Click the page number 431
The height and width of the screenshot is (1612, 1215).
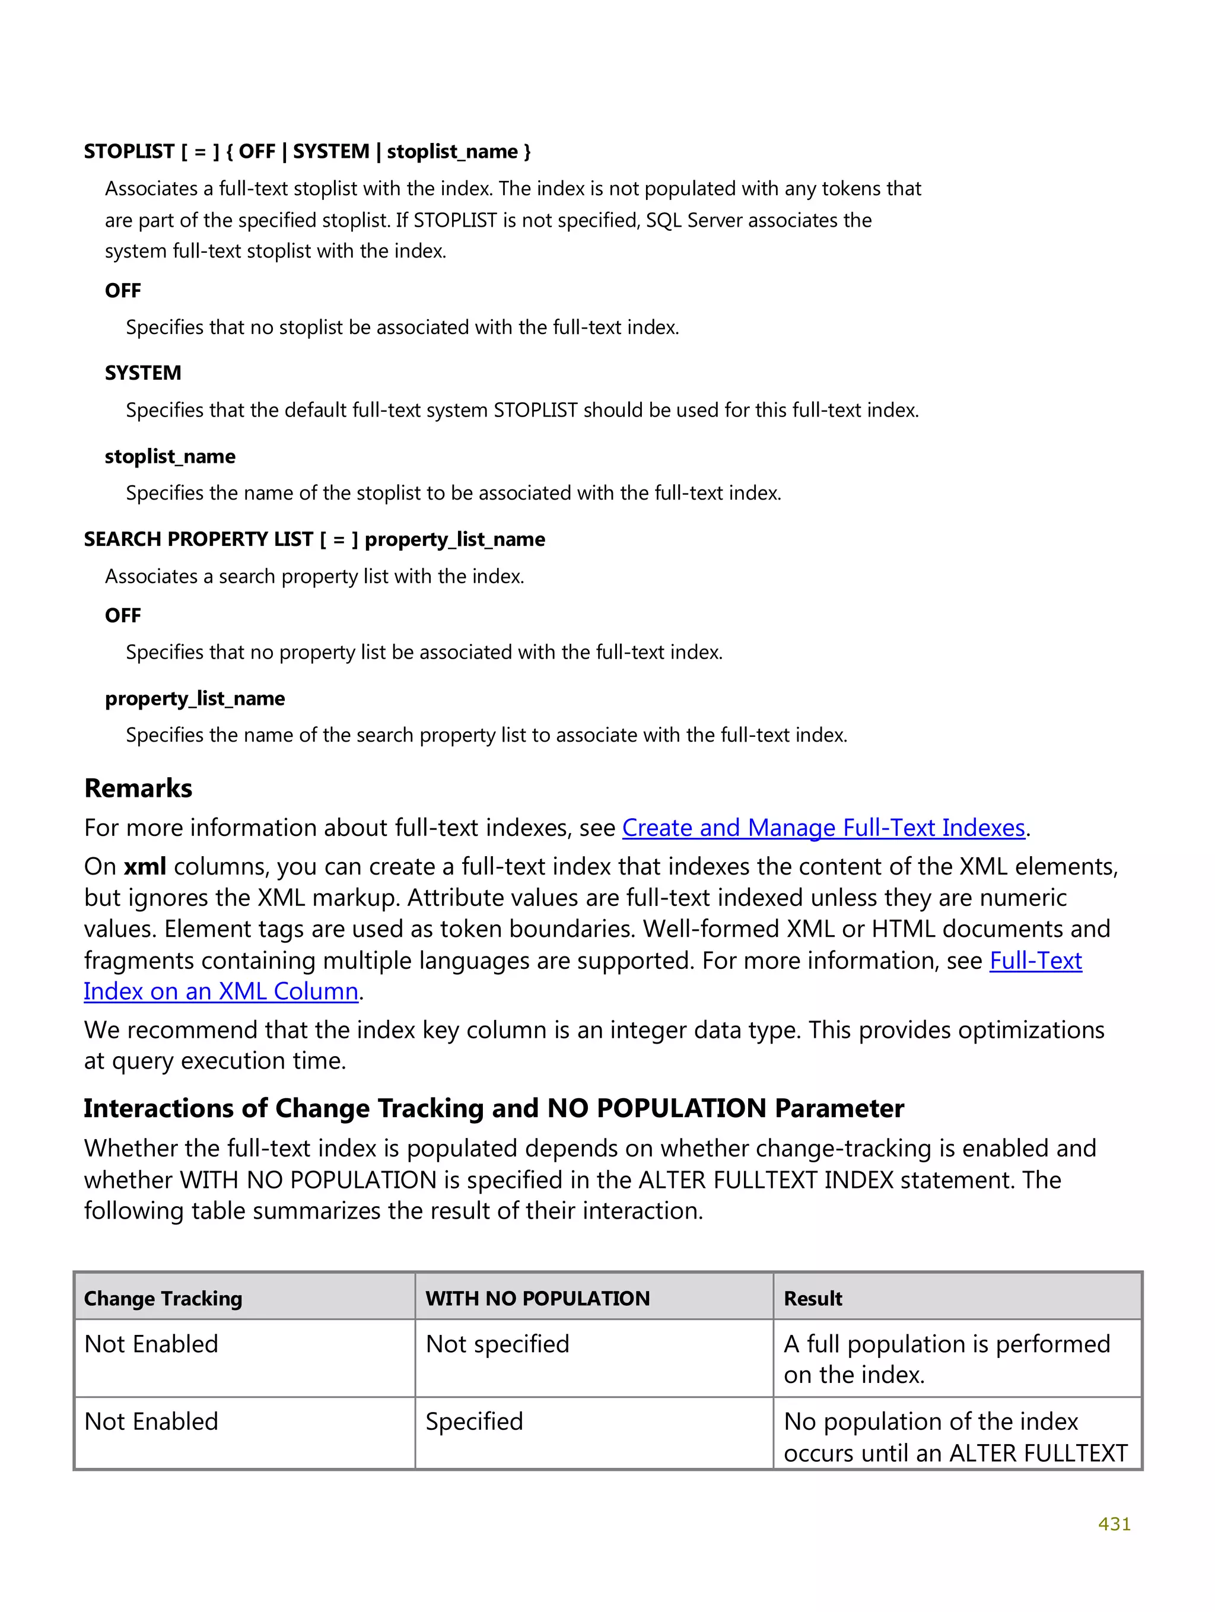(1114, 1524)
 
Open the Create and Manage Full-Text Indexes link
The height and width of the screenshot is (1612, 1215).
(823, 828)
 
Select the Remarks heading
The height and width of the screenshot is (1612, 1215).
(138, 788)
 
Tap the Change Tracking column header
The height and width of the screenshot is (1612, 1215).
(163, 1298)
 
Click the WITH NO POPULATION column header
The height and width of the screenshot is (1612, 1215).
(537, 1298)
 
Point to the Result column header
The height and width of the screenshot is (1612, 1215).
(813, 1298)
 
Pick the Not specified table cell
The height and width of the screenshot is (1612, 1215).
(497, 1344)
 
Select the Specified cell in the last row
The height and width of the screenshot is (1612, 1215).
(474, 1421)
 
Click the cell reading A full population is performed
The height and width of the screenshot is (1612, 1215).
(946, 1359)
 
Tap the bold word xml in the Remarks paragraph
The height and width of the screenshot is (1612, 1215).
(144, 866)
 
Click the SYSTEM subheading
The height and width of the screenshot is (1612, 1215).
(143, 373)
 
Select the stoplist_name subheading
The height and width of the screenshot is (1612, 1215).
(170, 456)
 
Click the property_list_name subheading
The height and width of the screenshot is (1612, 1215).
(195, 698)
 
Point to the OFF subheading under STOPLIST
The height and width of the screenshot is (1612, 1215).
(122, 291)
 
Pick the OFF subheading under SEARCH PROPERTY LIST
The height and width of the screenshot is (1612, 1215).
(122, 616)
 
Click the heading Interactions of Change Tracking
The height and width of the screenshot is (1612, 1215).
(494, 1108)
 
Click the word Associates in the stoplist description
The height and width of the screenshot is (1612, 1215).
(151, 189)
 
